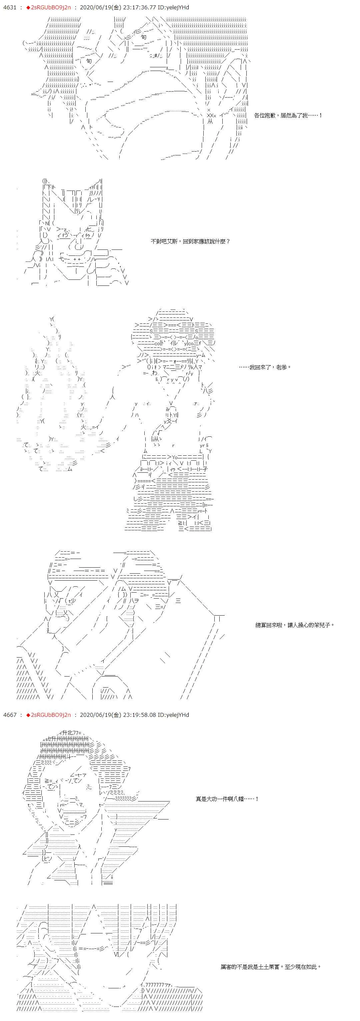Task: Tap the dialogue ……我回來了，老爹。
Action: tap(265, 367)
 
